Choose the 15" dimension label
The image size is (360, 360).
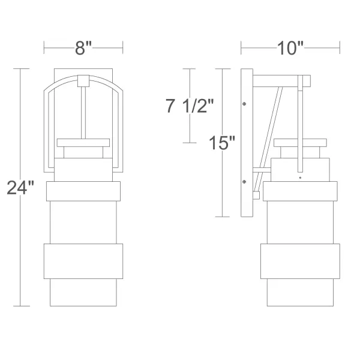click(x=222, y=143)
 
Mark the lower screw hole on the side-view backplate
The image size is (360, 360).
click(x=245, y=181)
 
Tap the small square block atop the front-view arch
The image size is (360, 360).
click(x=83, y=79)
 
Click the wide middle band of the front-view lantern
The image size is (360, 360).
click(x=83, y=261)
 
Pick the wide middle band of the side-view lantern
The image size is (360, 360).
click(x=300, y=261)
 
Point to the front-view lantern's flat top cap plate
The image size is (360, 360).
click(x=83, y=143)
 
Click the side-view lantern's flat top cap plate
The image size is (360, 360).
click(x=300, y=143)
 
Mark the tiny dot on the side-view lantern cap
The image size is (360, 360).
click(x=299, y=178)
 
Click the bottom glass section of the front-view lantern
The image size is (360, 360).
click(x=83, y=292)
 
